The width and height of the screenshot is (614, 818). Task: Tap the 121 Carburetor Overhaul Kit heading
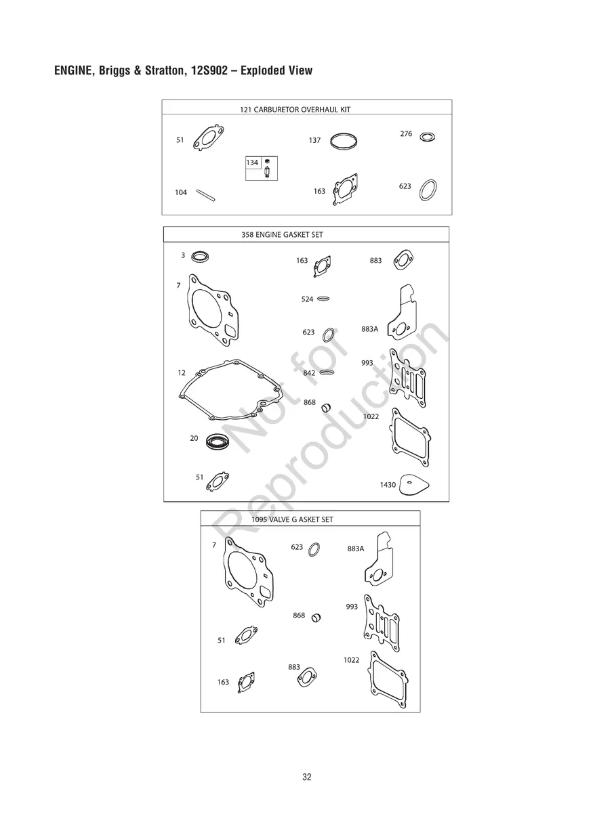click(x=295, y=110)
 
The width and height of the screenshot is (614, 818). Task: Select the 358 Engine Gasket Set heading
click(x=282, y=235)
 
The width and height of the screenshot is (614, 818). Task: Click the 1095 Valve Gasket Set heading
click(x=292, y=519)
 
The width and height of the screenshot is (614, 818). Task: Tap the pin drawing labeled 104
click(x=206, y=195)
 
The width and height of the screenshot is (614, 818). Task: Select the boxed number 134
click(x=252, y=163)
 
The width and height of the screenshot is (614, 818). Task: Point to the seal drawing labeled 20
click(x=218, y=442)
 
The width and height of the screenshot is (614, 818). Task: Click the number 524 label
click(x=307, y=299)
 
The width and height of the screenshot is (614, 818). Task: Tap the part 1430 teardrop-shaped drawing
click(x=413, y=485)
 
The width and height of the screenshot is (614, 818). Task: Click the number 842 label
click(x=309, y=373)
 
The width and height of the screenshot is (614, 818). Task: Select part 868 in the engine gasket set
click(x=327, y=408)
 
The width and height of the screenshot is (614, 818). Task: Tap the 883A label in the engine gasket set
click(x=369, y=329)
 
